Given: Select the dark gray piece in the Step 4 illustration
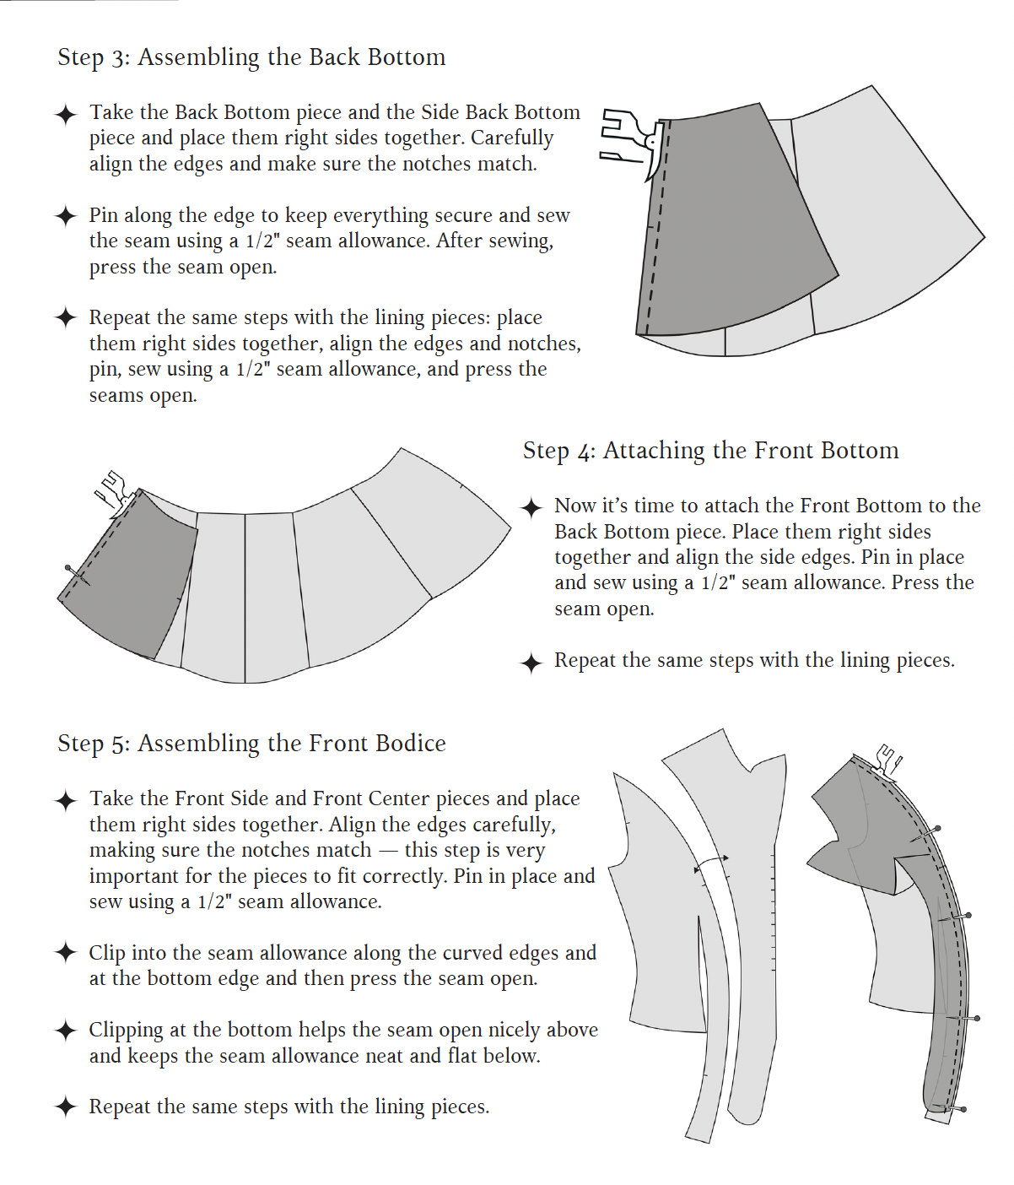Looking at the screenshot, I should (131, 574).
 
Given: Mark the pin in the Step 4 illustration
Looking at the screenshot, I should (77, 575).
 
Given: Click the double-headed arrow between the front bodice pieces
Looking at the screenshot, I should (710, 863).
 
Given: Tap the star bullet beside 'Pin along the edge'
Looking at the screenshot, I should (66, 216).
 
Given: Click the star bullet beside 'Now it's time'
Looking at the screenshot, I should (531, 507).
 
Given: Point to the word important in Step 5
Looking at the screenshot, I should (130, 877).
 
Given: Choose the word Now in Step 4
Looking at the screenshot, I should (574, 506).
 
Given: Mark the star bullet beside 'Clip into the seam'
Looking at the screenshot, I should (66, 953).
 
